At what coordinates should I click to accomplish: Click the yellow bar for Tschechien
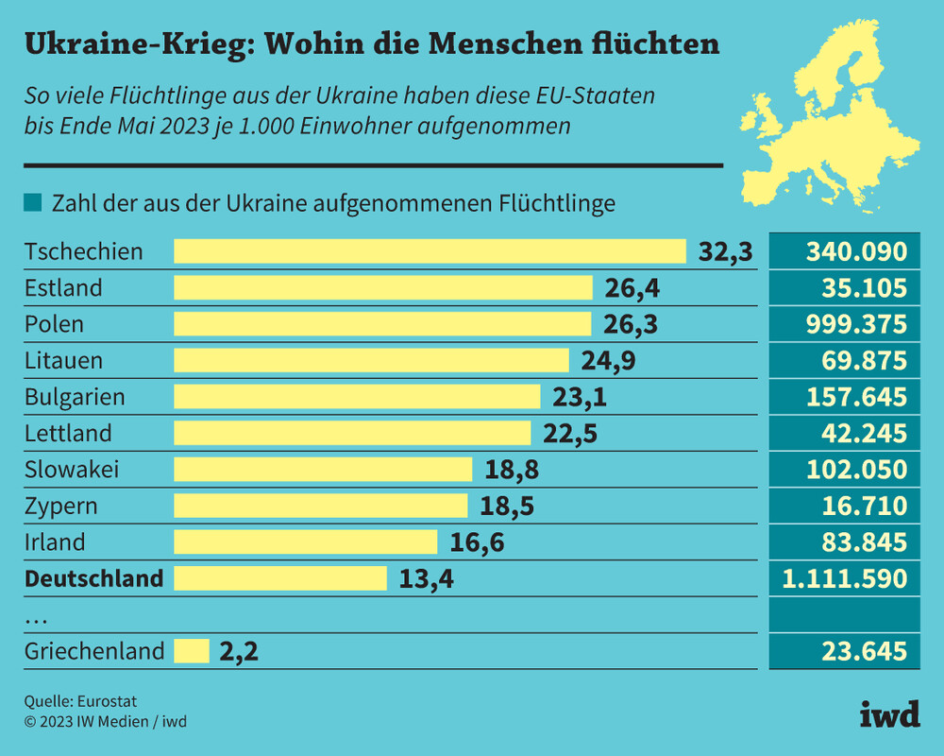(x=430, y=251)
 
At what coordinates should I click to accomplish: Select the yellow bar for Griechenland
(x=192, y=651)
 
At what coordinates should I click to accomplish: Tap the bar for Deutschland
(x=280, y=578)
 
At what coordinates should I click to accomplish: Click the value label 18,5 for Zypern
(x=507, y=506)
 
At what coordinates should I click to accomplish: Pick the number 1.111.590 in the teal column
(x=843, y=578)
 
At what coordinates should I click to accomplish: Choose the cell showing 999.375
(x=856, y=324)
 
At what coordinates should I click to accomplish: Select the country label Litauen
(x=63, y=360)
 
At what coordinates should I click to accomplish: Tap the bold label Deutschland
(x=93, y=578)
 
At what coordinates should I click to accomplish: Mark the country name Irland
(x=55, y=542)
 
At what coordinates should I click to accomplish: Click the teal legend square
(x=33, y=203)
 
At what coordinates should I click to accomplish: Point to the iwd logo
(x=889, y=715)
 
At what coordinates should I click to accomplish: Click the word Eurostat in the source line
(x=108, y=701)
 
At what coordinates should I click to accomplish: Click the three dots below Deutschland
(x=36, y=618)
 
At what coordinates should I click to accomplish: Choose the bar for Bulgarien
(x=357, y=397)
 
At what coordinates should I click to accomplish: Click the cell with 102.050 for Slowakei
(x=856, y=470)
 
